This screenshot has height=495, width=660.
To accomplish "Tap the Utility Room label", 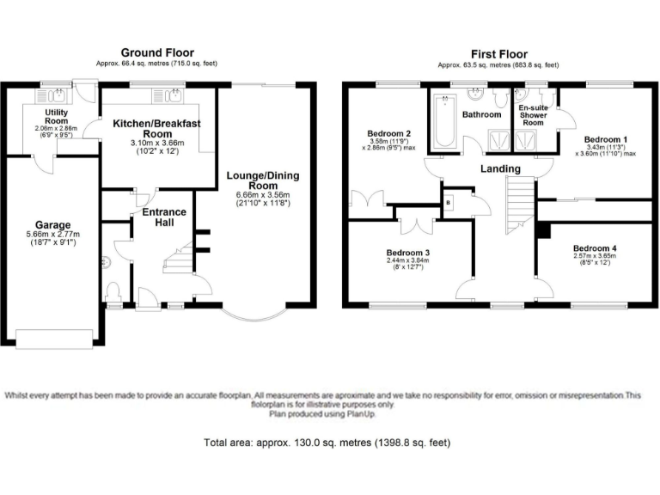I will (x=62, y=116).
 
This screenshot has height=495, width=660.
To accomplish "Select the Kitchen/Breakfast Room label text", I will (x=156, y=129).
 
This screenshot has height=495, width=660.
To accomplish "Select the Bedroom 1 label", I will (x=605, y=138).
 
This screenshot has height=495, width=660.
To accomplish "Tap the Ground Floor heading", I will (x=157, y=53).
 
